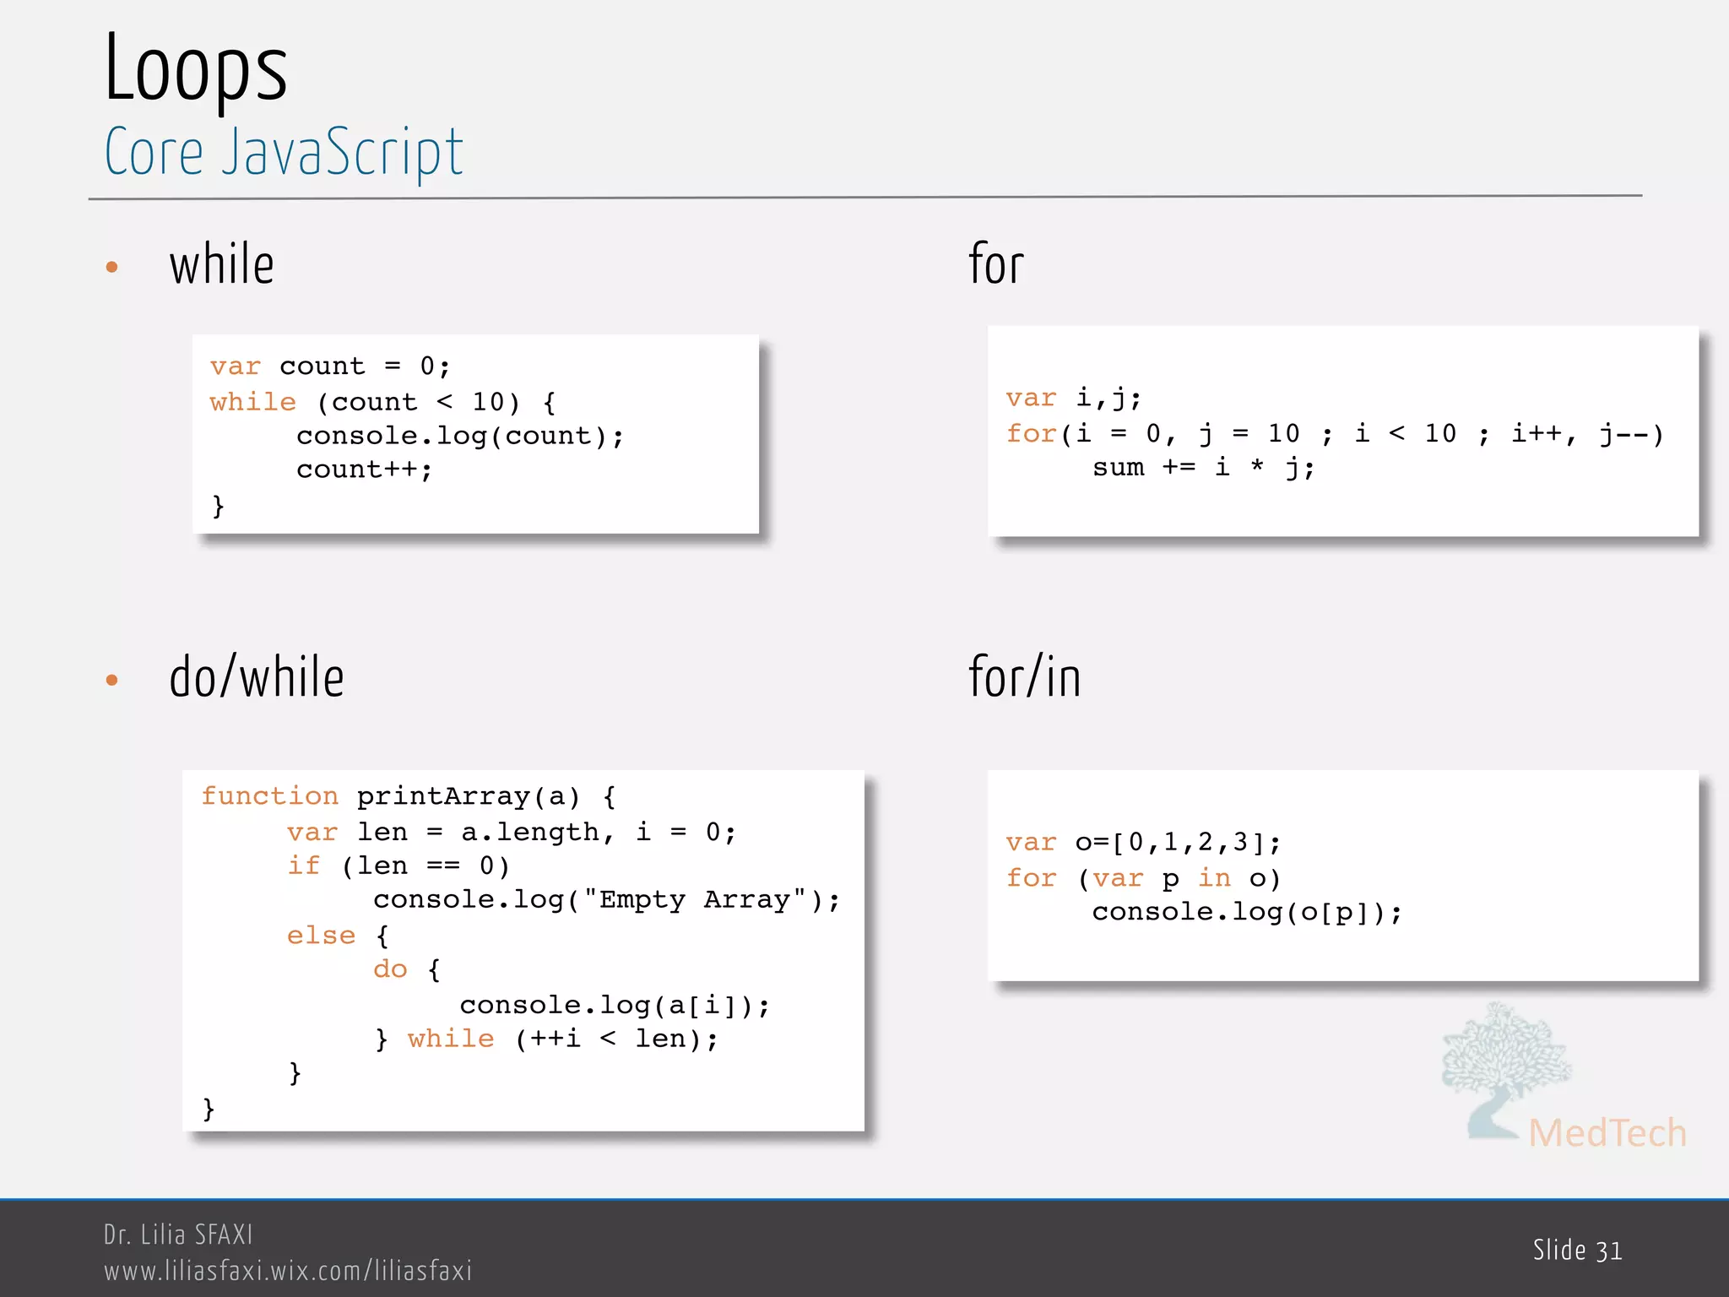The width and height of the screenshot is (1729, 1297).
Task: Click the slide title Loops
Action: (x=196, y=69)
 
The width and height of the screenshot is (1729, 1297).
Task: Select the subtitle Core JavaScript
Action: (x=284, y=152)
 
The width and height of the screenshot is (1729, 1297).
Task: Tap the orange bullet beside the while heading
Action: (x=111, y=268)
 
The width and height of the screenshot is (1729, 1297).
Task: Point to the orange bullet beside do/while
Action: (x=111, y=680)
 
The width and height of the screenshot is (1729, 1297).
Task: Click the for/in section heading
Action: (x=1024, y=677)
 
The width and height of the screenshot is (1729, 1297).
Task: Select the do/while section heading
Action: (x=257, y=677)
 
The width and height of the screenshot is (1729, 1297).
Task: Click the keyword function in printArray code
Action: (x=269, y=796)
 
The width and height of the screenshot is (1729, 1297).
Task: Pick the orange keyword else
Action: (x=321, y=936)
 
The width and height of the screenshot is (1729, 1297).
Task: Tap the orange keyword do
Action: (x=390, y=969)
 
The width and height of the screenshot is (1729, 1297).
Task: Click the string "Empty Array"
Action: (x=695, y=900)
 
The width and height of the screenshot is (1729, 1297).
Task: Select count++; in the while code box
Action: (x=364, y=470)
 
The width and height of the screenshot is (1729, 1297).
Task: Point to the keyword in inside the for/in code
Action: (x=1214, y=878)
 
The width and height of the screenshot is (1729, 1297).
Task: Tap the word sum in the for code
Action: (x=1118, y=468)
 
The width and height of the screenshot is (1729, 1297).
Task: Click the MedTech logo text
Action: (x=1607, y=1133)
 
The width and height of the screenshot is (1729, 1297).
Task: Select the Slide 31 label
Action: (x=1577, y=1251)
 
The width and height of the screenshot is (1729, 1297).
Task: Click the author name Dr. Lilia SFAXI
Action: (x=178, y=1235)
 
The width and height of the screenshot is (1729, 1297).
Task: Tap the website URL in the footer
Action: (x=288, y=1271)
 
